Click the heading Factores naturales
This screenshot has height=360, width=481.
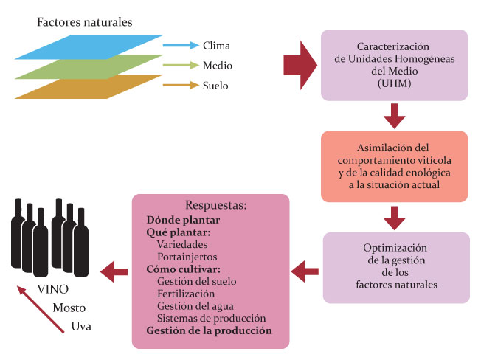coord(85,22)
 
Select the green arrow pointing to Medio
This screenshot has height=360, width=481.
coord(179,66)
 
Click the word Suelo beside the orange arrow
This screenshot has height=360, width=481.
coord(215,86)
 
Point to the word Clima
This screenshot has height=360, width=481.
coord(216,46)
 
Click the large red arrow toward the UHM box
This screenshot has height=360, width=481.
coord(298,66)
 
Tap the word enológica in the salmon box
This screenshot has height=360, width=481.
coord(418,172)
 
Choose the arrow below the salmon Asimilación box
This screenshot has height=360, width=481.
coord(395,218)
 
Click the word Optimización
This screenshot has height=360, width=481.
coord(395,247)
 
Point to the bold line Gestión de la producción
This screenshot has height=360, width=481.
coord(209,330)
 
